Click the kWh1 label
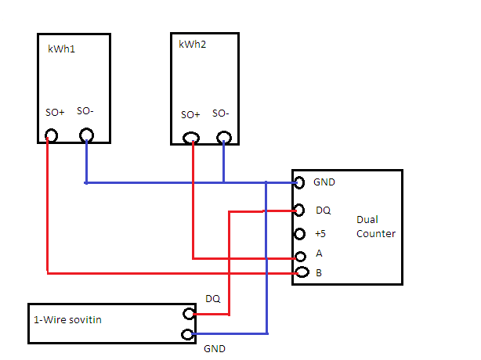click(61, 49)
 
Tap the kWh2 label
click(193, 45)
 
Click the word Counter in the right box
click(376, 234)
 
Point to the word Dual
click(367, 219)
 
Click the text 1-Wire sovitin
click(67, 320)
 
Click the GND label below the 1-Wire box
click(215, 349)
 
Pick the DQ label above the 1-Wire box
click(213, 299)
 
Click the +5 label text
click(320, 234)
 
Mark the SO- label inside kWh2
click(221, 113)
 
